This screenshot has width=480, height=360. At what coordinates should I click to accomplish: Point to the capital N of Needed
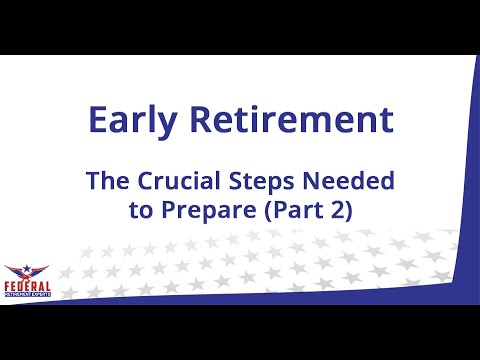pos(318,182)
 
